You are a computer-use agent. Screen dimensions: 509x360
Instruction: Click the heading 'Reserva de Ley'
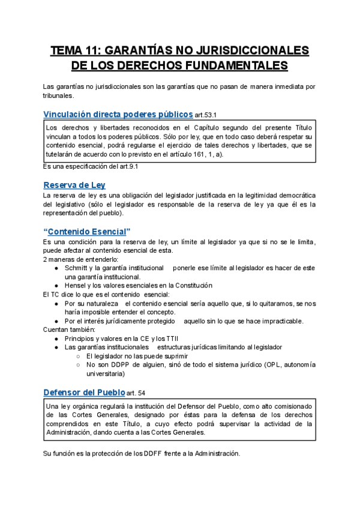click(x=74, y=185)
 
